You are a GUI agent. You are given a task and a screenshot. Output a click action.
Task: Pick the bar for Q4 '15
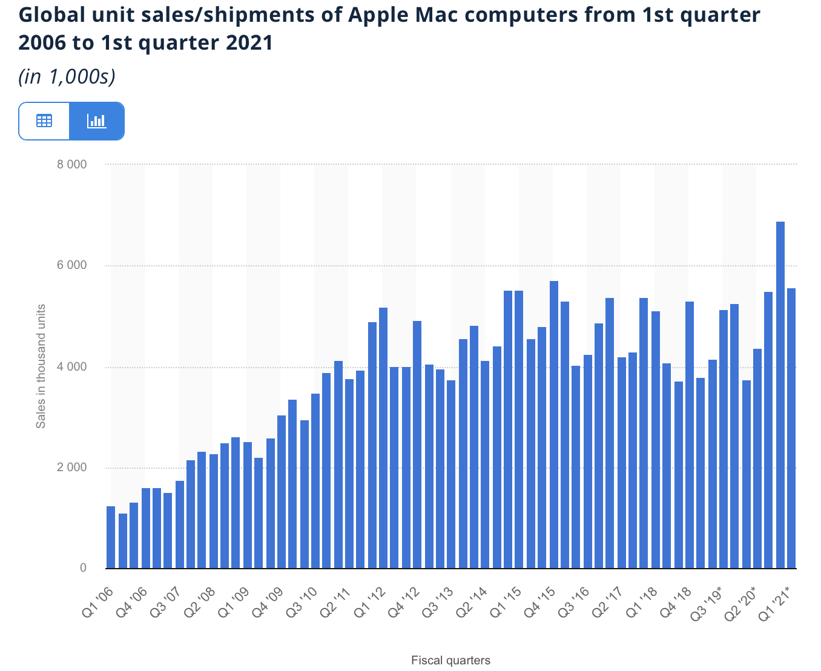tap(553, 425)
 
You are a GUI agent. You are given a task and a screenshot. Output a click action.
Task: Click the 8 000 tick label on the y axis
tap(73, 165)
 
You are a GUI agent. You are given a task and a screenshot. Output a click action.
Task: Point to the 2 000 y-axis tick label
tap(73, 468)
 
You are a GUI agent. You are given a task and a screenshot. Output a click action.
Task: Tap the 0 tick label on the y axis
tap(83, 568)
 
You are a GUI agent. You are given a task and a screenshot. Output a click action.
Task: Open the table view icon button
tap(44, 121)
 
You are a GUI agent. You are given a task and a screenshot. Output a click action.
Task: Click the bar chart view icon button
tap(97, 121)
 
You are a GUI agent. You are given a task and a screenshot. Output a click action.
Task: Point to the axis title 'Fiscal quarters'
tap(450, 660)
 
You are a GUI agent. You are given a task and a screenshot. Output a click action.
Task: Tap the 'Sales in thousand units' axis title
tap(41, 367)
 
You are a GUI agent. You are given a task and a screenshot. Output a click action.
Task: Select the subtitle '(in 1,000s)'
tap(67, 77)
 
